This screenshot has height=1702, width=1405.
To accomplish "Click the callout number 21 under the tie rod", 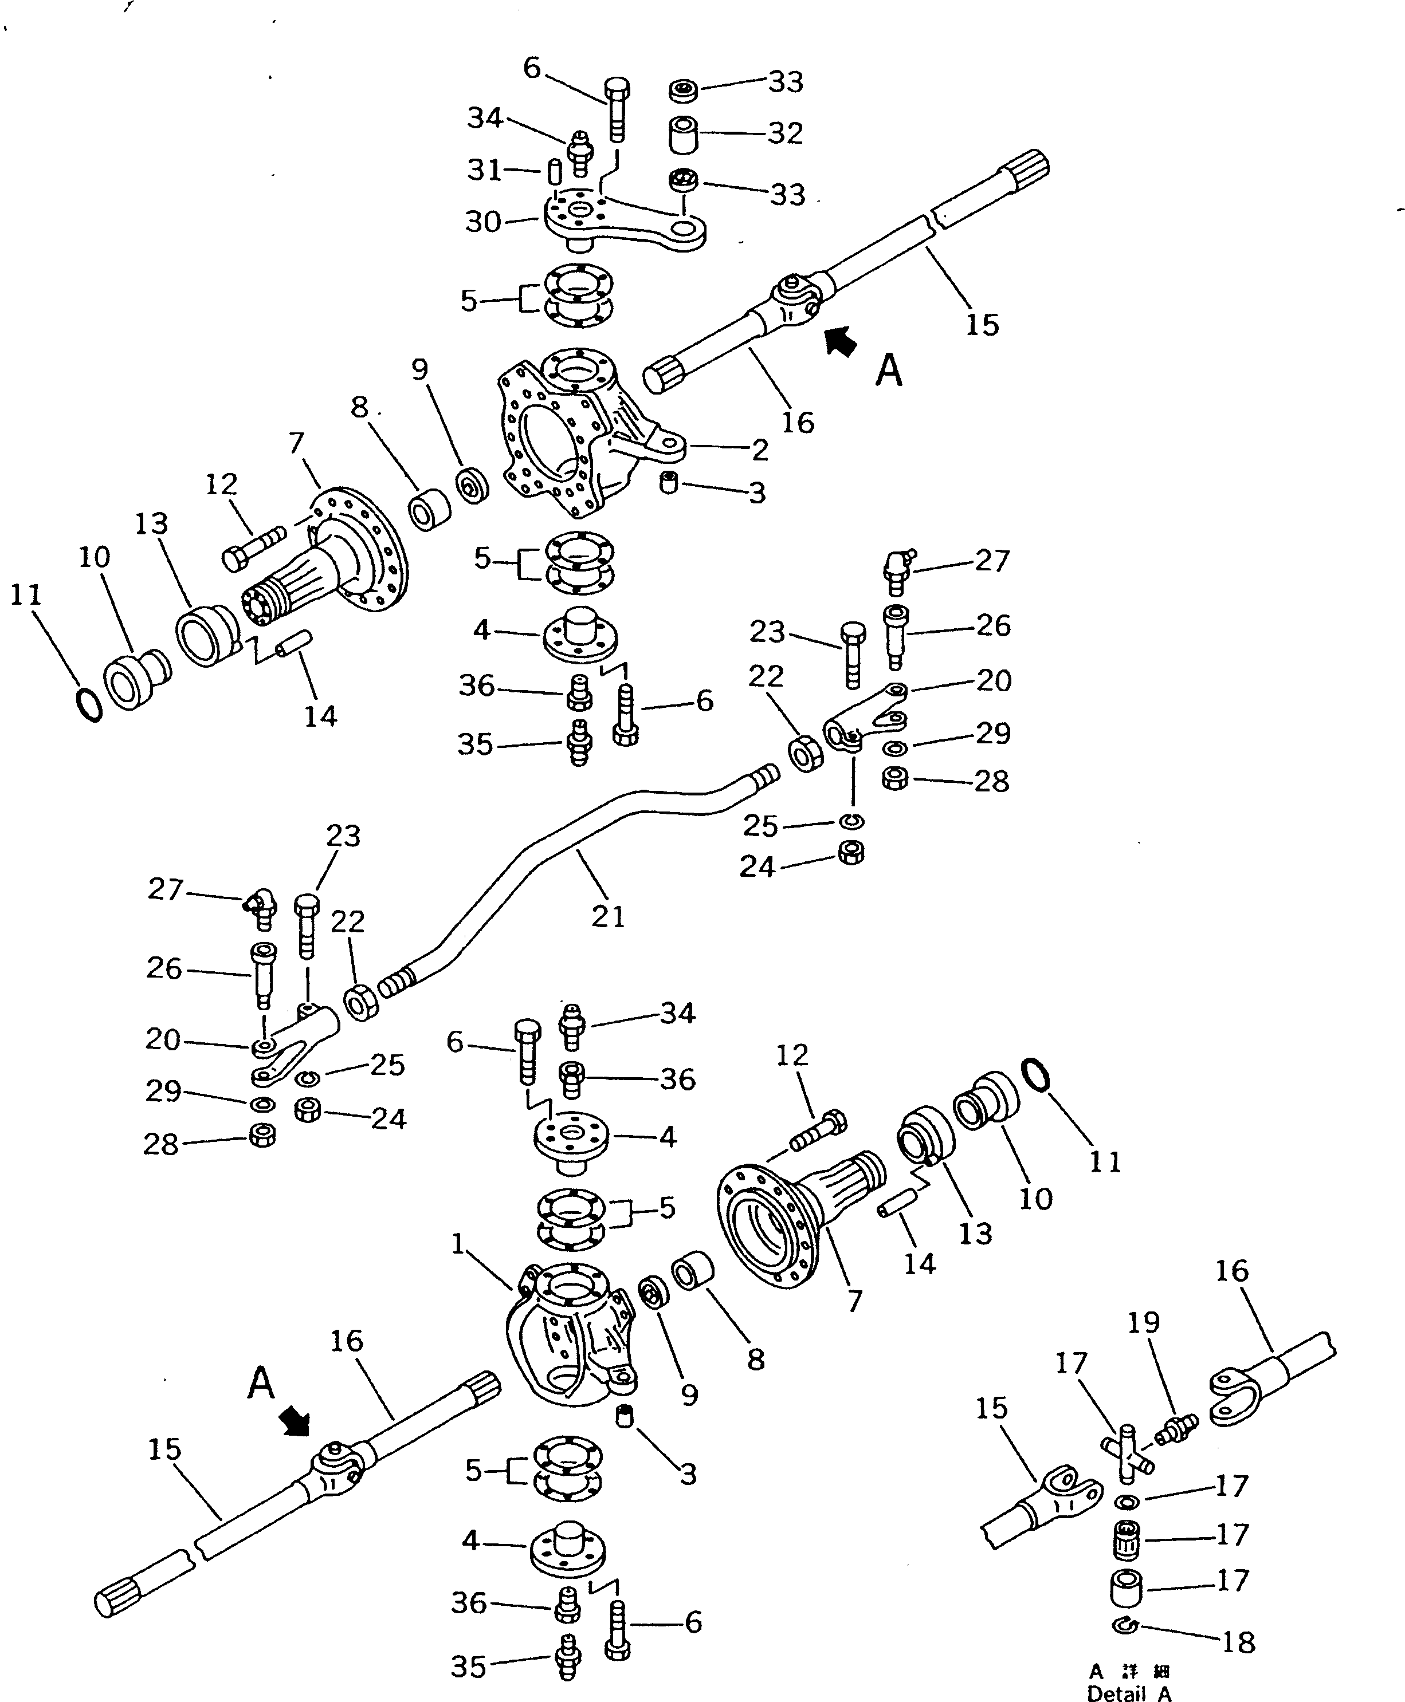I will pos(608,916).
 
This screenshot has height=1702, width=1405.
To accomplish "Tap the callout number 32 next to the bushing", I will pos(784,133).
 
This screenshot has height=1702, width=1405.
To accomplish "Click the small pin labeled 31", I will pos(555,171).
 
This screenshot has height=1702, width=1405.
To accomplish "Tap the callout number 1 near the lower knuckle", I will pos(458,1243).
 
